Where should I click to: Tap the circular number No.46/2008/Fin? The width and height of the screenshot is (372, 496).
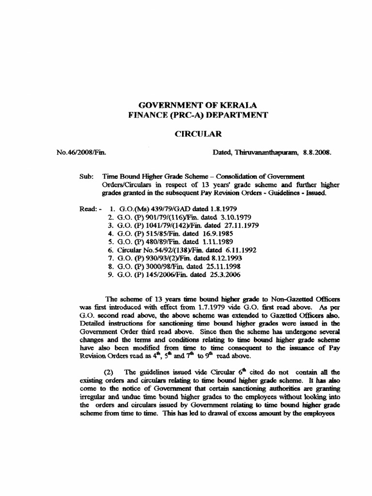[x=81, y=152]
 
